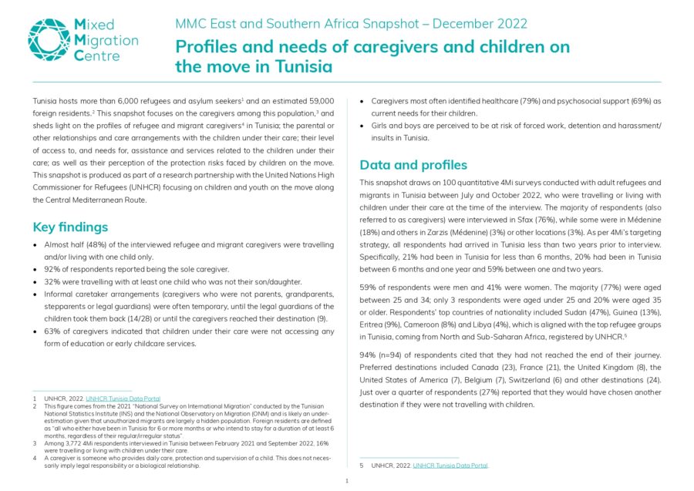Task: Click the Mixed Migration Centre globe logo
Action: pos(49,40)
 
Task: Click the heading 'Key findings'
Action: pos(70,227)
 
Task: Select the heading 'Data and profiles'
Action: pos(413,164)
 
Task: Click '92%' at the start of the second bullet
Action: pos(55,269)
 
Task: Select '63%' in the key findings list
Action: pos(55,331)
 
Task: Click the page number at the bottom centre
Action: pos(347,481)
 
